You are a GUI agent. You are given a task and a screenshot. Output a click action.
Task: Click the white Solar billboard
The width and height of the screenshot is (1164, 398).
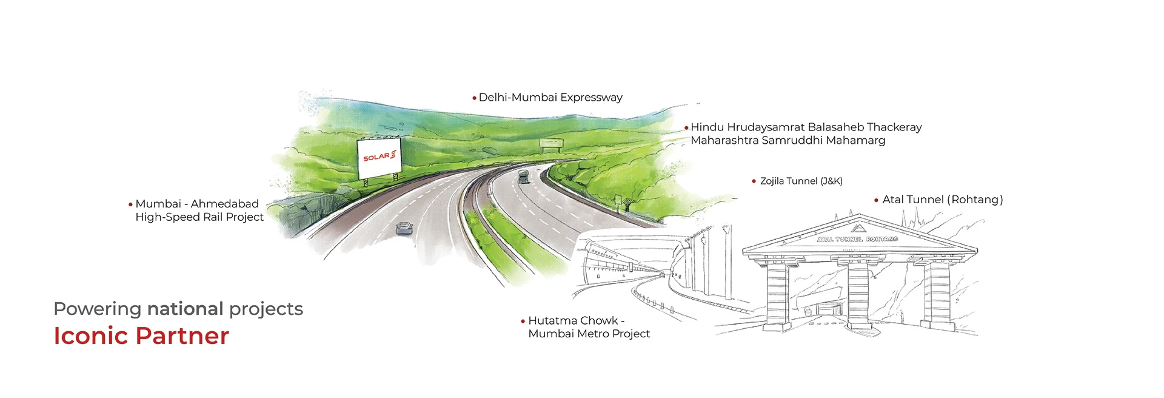click(379, 157)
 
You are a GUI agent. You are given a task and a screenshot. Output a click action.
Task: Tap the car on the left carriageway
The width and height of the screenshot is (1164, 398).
click(404, 228)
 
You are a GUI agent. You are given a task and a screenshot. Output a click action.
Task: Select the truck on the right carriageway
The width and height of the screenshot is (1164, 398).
click(523, 177)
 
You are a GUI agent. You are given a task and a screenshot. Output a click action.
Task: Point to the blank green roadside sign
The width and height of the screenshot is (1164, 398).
click(550, 144)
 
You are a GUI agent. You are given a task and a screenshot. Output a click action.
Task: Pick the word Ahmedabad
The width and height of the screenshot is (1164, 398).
click(225, 204)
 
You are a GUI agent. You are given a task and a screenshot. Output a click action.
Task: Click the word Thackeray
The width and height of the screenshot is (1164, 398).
click(894, 127)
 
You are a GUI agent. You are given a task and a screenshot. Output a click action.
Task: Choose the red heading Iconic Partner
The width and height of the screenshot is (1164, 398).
click(141, 336)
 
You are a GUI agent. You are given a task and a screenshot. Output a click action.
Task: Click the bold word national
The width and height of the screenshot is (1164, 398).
click(185, 309)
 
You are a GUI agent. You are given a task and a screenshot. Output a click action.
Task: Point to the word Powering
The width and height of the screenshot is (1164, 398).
click(98, 309)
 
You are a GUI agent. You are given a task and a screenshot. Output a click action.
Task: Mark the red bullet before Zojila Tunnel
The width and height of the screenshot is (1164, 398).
click(754, 181)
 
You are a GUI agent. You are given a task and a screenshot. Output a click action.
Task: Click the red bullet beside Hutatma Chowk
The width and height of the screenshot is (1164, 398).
click(523, 321)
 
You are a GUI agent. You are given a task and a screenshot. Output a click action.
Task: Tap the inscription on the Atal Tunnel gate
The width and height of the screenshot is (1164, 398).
click(857, 239)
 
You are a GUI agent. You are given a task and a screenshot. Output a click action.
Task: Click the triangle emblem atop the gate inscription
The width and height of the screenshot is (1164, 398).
click(857, 228)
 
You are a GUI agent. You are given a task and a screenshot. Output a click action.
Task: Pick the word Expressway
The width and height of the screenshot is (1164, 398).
click(591, 98)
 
